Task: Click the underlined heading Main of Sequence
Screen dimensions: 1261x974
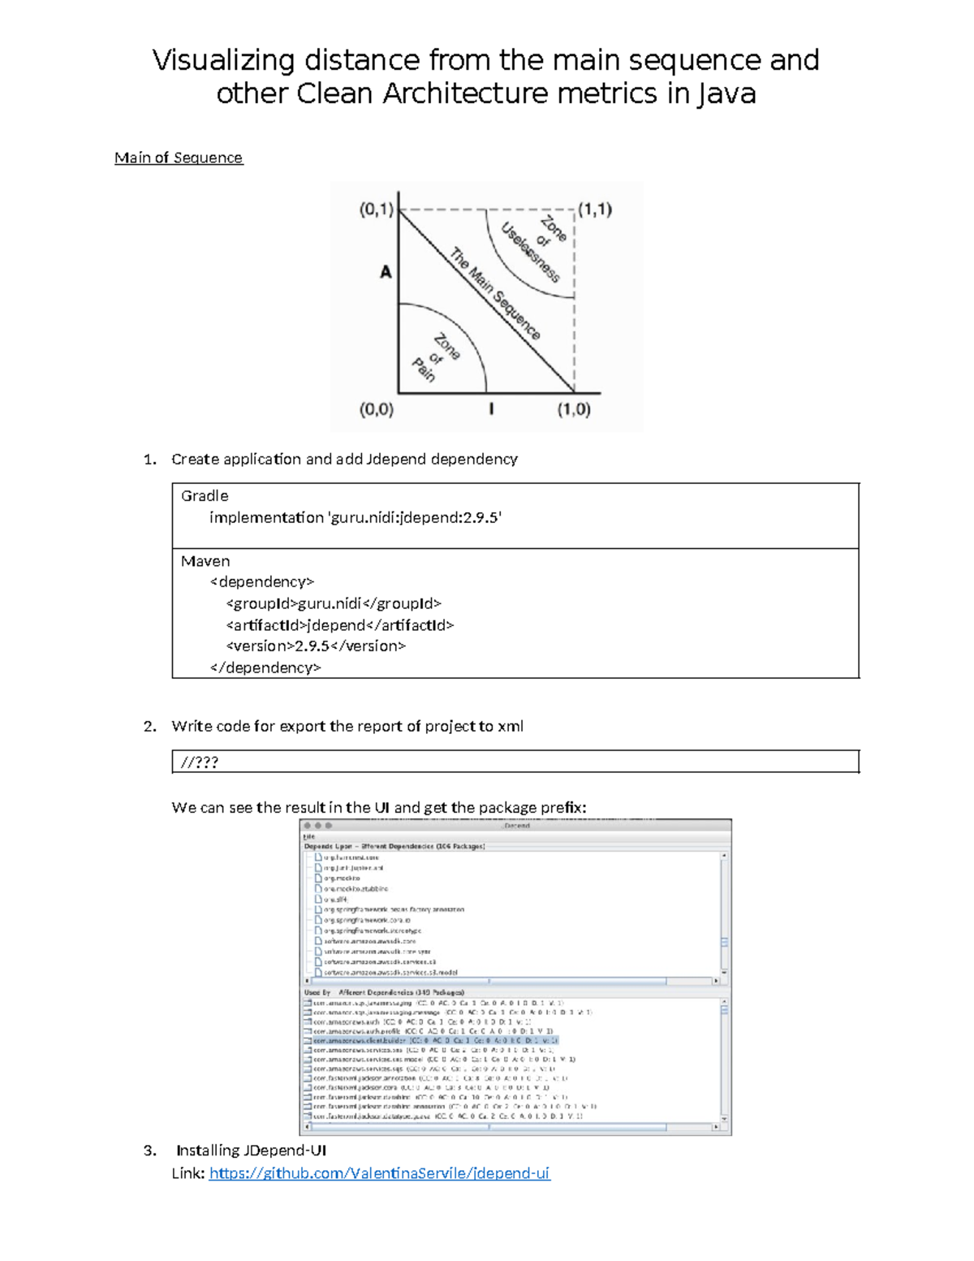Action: click(x=179, y=158)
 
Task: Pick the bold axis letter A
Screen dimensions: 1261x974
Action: click(x=386, y=272)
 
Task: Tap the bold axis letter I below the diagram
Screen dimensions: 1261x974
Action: click(x=491, y=409)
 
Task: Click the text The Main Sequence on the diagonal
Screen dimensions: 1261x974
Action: click(x=495, y=293)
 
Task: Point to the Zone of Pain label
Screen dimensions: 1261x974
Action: click(x=436, y=358)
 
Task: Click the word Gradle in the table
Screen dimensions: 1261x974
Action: click(x=205, y=496)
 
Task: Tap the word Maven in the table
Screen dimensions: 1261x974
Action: click(x=205, y=562)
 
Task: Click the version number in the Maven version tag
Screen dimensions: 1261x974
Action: click(x=312, y=646)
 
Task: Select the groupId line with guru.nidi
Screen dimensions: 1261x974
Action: click(x=334, y=604)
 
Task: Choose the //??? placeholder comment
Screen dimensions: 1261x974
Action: click(x=200, y=762)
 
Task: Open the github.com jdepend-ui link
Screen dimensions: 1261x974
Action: click(x=379, y=1173)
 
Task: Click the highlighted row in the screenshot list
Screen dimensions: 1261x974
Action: click(x=435, y=1040)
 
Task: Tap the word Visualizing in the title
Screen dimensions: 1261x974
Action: click(x=223, y=61)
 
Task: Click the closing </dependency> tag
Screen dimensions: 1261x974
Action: click(x=265, y=668)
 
